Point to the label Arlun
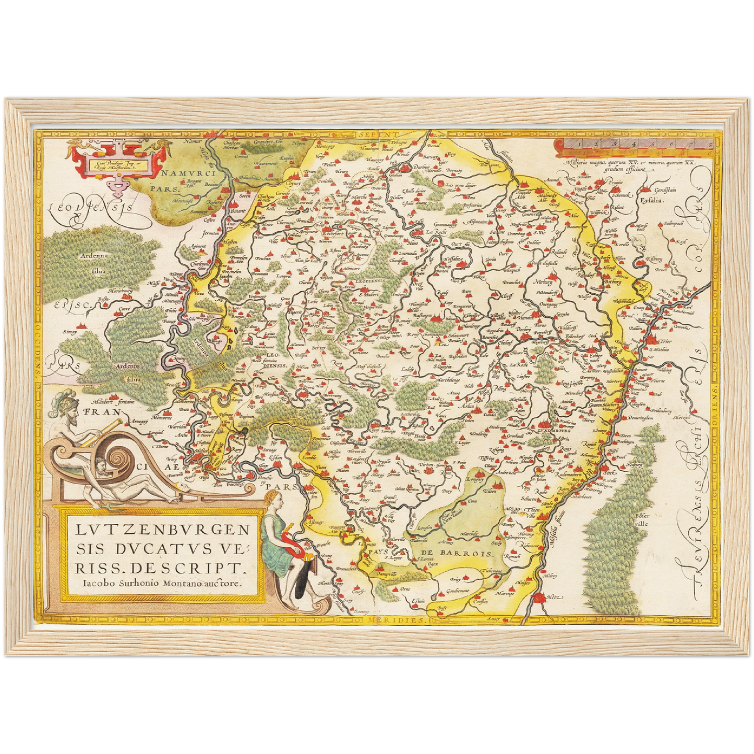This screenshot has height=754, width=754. coord(467,405)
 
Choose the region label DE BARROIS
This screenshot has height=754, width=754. coord(456,553)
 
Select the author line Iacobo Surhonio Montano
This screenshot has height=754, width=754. coord(162,583)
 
